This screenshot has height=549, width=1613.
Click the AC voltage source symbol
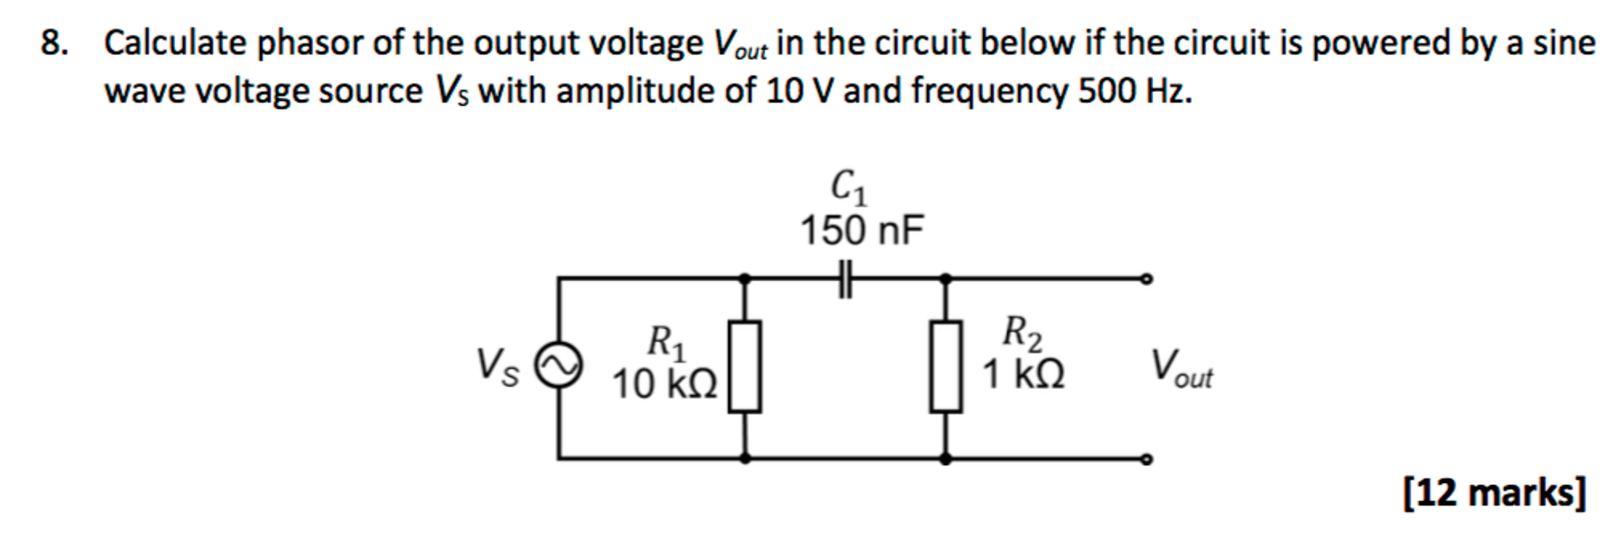click(559, 366)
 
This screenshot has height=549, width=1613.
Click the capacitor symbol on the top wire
click(845, 278)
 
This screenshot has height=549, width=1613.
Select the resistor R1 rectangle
click(744, 366)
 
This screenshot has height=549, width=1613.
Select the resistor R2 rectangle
click(945, 366)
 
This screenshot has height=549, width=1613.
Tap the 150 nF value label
click(861, 231)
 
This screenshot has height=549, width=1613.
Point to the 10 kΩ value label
click(665, 385)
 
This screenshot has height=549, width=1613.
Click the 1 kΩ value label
click(1023, 374)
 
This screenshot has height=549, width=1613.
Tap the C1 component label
click(849, 188)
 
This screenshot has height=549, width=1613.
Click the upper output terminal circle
click(1146, 278)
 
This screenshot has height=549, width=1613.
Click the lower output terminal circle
click(1146, 459)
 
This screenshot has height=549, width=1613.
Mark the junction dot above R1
click(744, 278)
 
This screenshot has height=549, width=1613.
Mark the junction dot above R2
click(945, 278)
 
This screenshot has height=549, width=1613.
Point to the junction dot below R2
click(945, 458)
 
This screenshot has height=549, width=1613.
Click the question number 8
click(54, 43)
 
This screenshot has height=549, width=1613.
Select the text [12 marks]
click(1494, 493)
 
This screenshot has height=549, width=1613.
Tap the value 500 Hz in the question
click(1134, 91)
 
